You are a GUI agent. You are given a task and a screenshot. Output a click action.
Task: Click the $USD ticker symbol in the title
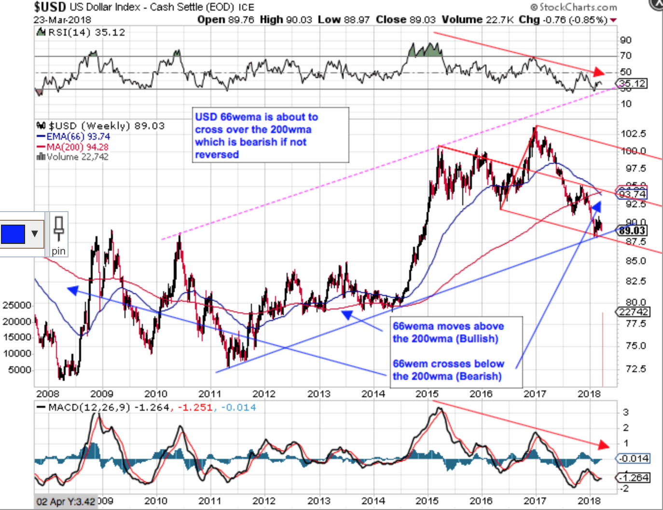50,7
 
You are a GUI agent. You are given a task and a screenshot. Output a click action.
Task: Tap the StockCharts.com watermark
574,7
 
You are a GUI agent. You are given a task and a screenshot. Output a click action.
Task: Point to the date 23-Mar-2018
62,20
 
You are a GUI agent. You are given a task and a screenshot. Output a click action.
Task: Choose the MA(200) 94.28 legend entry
77,147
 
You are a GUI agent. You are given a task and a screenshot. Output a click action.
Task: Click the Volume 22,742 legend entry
77,157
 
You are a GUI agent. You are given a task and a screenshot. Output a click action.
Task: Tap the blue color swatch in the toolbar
13,234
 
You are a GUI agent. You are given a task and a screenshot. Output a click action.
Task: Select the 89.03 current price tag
632,230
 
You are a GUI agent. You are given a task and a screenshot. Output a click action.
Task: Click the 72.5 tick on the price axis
635,369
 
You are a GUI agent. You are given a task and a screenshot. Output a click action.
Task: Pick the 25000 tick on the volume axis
17,305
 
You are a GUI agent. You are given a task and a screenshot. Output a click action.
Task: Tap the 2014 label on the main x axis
373,394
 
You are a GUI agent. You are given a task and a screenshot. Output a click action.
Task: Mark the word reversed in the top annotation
217,154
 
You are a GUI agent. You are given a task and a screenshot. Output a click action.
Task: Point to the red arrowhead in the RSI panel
598,72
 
